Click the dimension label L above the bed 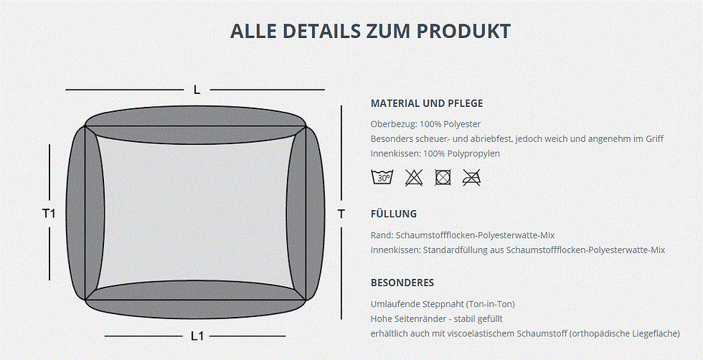(x=197, y=90)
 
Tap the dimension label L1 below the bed (x=197, y=336)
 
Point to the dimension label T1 (x=49, y=214)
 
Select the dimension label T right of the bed (x=341, y=214)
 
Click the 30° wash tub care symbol (x=382, y=178)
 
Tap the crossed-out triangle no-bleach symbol (x=413, y=178)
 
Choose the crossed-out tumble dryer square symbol (x=443, y=178)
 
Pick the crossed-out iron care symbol (x=472, y=178)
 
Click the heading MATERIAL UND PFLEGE (x=427, y=103)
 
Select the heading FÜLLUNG (x=394, y=214)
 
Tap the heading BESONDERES (x=402, y=283)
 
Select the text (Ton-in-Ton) (x=491, y=304)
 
